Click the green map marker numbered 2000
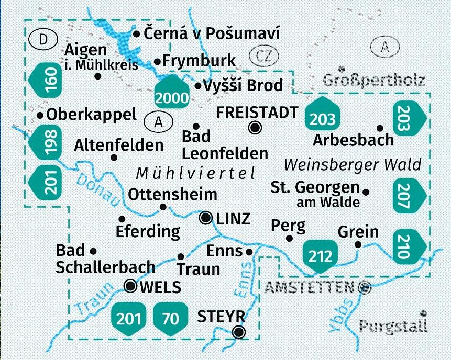tap(171, 92)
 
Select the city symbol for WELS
tap(130, 286)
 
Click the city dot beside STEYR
tap(239, 331)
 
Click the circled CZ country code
tap(262, 55)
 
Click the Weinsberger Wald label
tap(352, 165)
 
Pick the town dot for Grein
tap(358, 244)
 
